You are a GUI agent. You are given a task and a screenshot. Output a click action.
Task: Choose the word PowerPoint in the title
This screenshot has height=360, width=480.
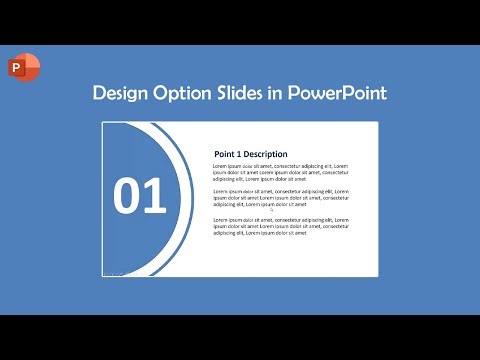(x=337, y=94)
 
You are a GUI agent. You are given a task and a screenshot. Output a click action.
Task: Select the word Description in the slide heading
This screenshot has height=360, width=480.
(x=265, y=154)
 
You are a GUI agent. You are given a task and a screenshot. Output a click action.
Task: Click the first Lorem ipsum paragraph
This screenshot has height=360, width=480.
(x=281, y=172)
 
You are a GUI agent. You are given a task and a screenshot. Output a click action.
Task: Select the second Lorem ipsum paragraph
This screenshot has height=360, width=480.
(x=281, y=197)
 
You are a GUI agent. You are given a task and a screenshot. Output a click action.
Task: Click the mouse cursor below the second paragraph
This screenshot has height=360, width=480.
(x=272, y=211)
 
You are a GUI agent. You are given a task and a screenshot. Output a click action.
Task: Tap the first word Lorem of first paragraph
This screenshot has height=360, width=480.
(x=221, y=165)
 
